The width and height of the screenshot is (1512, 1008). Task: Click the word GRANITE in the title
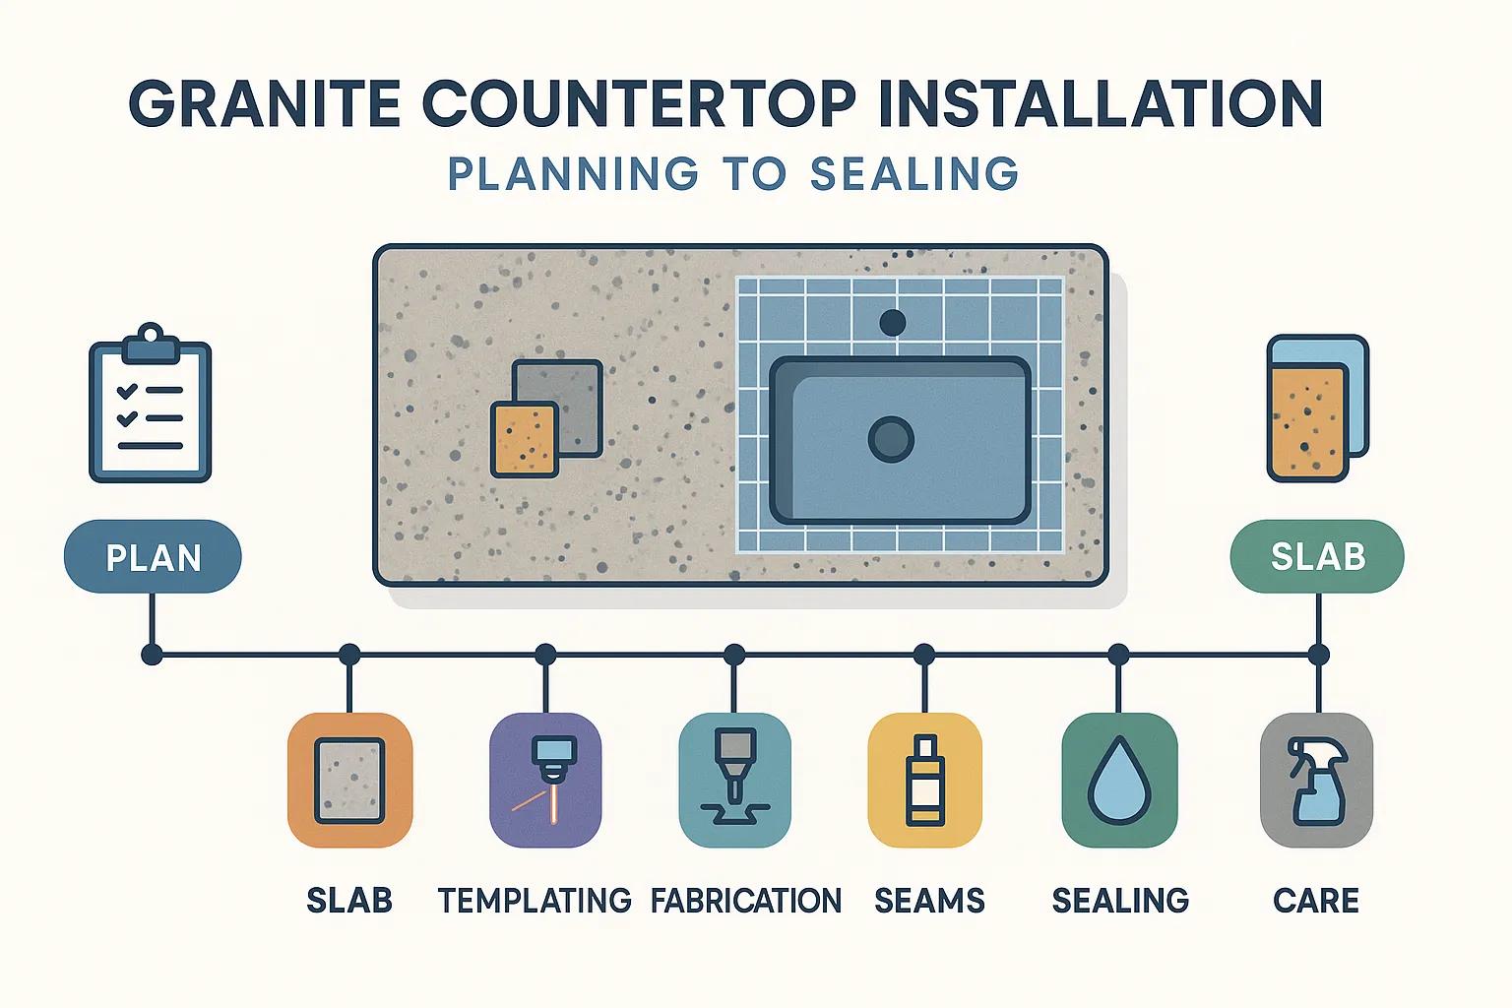coord(264,104)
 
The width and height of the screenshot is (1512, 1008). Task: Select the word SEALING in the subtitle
coord(913,173)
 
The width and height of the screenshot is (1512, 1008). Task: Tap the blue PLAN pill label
coord(153,557)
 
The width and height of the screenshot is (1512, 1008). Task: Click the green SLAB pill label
coord(1318,556)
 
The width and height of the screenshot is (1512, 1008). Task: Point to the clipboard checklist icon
coord(151,403)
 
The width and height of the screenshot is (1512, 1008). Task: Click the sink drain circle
coord(891,439)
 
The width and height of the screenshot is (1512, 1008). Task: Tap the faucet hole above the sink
coord(893,323)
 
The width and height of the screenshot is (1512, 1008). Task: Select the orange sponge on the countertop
coord(525,439)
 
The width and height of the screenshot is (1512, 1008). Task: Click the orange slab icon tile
coord(349,780)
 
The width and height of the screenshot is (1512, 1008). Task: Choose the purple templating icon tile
coord(545,780)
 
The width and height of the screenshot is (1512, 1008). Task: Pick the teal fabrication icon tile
coord(734,780)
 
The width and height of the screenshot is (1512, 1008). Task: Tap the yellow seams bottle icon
coord(924,780)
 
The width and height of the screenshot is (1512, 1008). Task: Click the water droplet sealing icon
coord(1120,780)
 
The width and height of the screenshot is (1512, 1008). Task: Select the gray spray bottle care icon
coord(1317,780)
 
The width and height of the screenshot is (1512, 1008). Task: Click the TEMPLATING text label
coord(535,901)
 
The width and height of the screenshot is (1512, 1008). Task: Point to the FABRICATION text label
coord(746,901)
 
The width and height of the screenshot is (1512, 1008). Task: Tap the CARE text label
coord(1316,901)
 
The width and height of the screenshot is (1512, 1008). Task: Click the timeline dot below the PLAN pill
coord(152,655)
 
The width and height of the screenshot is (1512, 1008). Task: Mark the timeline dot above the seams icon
coord(924,655)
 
